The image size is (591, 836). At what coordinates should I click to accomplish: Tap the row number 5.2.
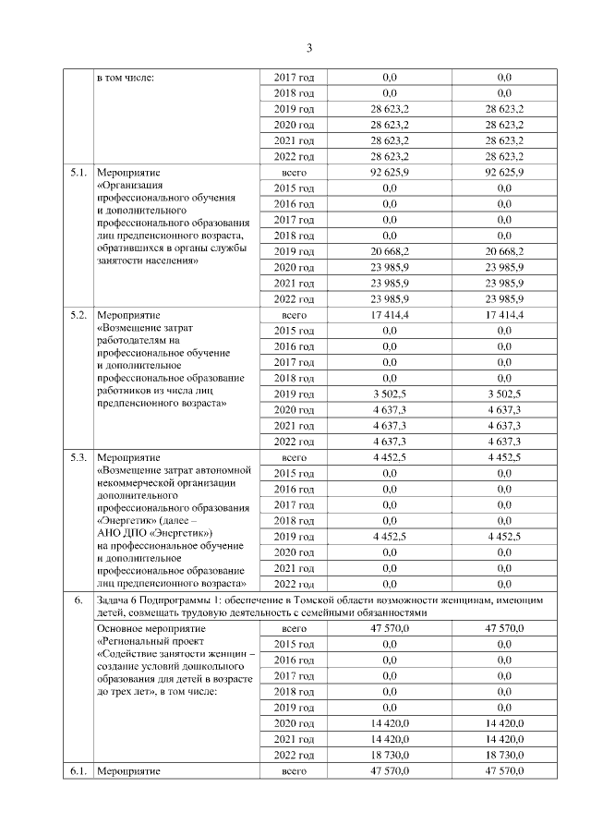click(x=78, y=315)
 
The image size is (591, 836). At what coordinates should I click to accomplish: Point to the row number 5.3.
click(x=78, y=457)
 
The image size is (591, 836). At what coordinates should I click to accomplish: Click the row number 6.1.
click(x=78, y=771)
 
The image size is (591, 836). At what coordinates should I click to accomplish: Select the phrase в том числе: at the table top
click(x=125, y=79)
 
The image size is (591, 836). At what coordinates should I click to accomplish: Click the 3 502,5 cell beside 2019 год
click(x=389, y=394)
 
